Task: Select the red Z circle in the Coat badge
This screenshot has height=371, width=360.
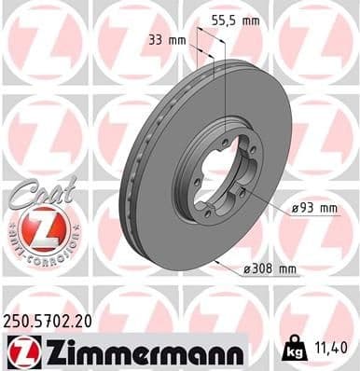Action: tap(38, 226)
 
